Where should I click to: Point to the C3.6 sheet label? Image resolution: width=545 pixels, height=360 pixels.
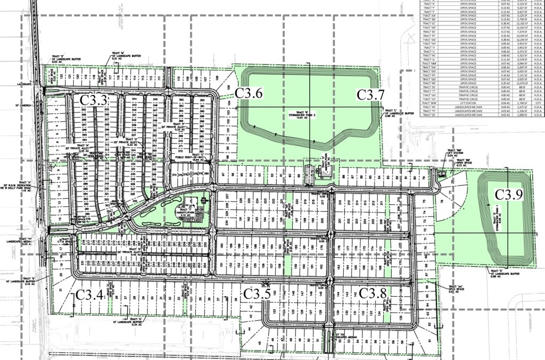pyautogui.click(x=249, y=93)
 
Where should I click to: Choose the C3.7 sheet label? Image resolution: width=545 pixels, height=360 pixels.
pyautogui.click(x=370, y=94)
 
